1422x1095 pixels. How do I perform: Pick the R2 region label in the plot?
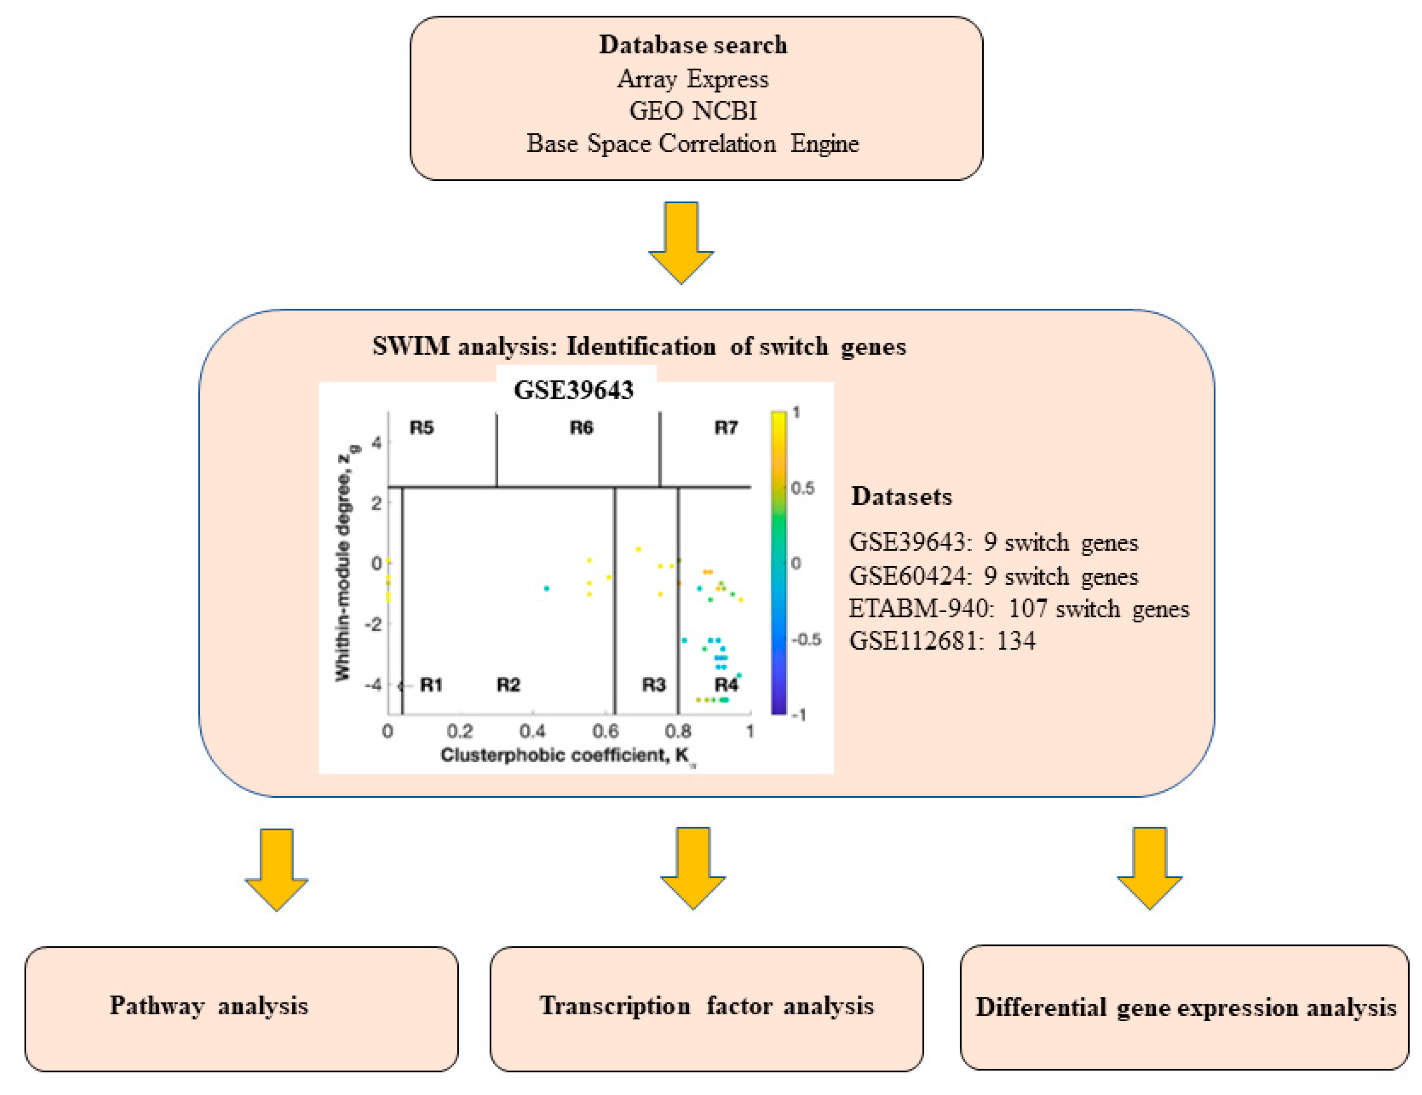(508, 685)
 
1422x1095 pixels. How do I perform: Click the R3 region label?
(654, 685)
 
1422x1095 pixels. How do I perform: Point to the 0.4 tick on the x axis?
(532, 731)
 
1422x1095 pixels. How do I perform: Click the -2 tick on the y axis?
(373, 624)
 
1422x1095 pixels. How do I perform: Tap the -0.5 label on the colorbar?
(806, 639)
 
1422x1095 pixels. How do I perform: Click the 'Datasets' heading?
(902, 497)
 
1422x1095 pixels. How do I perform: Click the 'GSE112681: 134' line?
(942, 641)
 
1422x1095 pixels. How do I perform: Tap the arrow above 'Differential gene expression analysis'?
(1149, 868)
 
